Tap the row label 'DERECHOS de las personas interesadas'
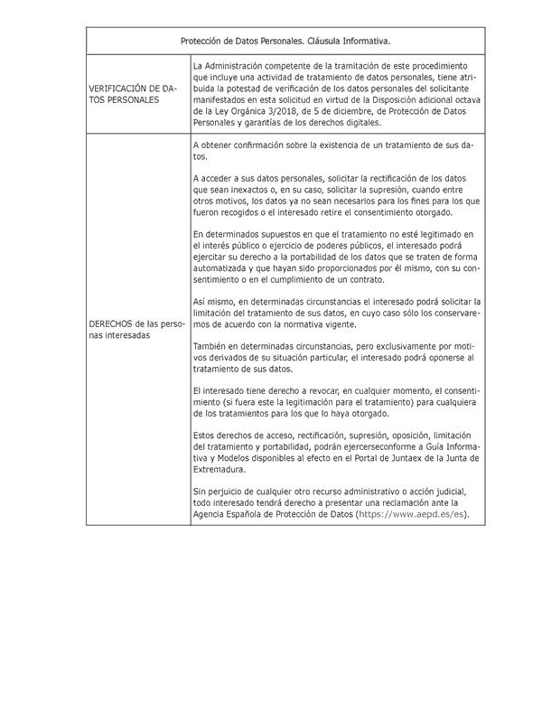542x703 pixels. pos(137,329)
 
